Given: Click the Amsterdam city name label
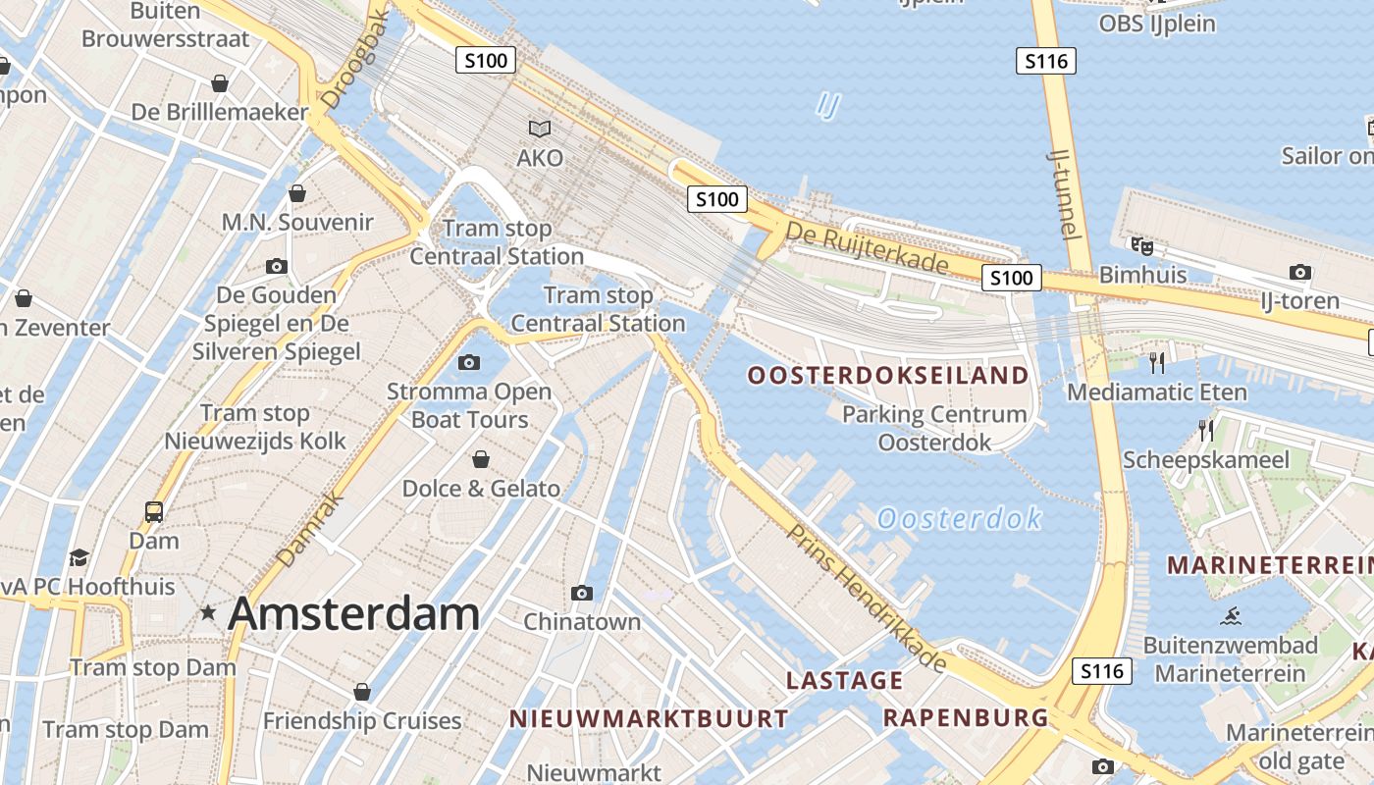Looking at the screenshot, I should tap(353, 614).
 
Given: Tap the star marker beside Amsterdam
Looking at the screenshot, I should tap(208, 613).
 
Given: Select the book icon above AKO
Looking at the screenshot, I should tap(540, 129).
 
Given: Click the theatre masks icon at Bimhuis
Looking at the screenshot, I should tap(1141, 245).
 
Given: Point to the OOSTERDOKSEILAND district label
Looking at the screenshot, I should tap(888, 375).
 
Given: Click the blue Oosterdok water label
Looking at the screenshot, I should tap(959, 518).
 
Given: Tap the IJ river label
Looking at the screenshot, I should tap(827, 105).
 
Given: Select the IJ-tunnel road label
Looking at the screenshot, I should tap(1065, 193).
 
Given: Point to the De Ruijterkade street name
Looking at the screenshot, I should tap(868, 250).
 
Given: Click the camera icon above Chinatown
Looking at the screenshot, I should tap(582, 593).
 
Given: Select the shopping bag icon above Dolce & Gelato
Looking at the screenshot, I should tap(481, 459).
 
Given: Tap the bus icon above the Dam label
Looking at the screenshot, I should tap(154, 511).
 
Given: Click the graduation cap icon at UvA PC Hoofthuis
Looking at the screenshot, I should tap(79, 558).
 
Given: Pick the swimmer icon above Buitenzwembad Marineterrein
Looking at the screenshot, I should tap(1231, 616).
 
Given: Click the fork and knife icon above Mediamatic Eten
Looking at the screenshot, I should tap(1157, 363).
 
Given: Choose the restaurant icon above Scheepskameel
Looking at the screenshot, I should tap(1205, 430).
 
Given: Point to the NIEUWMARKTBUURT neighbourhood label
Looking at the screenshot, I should tap(649, 719).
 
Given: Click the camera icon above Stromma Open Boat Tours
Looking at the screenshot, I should tap(469, 362).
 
